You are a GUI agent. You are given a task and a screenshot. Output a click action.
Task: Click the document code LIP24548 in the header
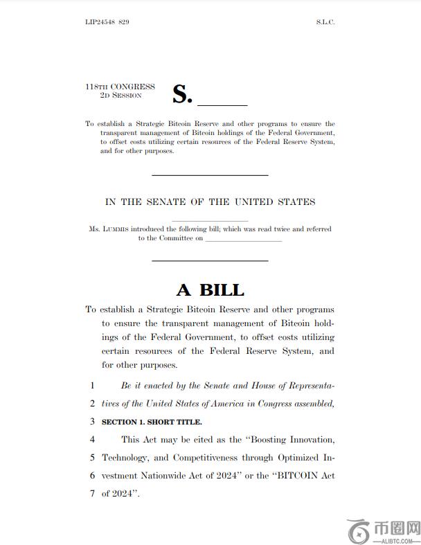tap(100, 22)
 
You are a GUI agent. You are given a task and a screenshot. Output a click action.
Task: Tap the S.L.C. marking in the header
tap(325, 22)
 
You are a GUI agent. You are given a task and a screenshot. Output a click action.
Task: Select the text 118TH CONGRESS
tap(120, 87)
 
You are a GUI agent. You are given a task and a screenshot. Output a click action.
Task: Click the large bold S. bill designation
tap(181, 94)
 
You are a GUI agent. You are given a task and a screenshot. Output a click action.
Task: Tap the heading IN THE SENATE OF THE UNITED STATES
tap(210, 202)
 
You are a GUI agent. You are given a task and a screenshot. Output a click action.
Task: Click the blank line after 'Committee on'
tap(244, 240)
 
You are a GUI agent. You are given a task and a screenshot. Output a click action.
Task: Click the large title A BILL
tap(210, 289)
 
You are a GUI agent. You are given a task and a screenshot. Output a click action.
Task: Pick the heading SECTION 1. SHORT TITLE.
tap(152, 422)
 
